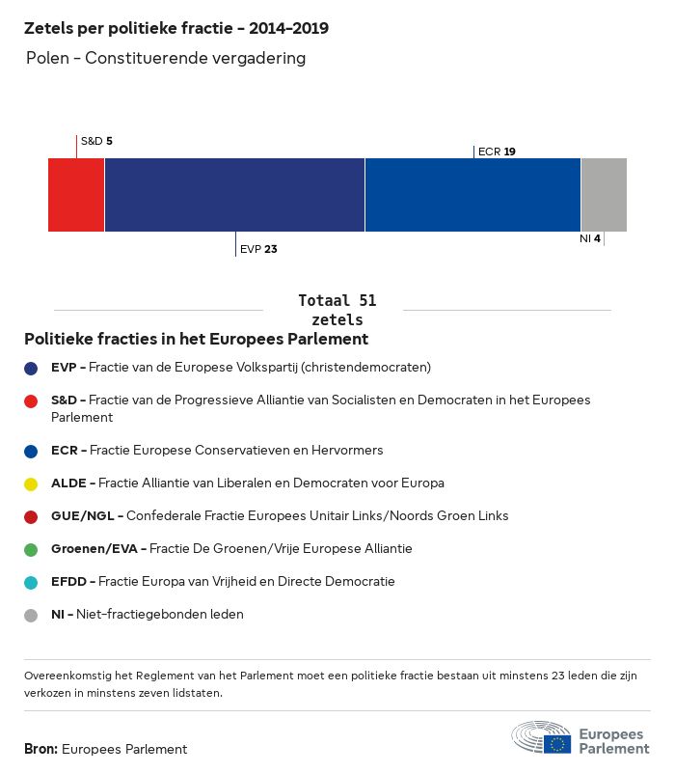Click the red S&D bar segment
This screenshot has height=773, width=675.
76,195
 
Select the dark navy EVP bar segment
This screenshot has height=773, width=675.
234,195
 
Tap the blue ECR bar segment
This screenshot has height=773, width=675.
472,195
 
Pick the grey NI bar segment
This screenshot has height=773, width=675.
604,195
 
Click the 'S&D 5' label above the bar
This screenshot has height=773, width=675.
96,141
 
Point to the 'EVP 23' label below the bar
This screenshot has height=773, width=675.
258,249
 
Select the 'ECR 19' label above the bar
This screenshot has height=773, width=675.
497,152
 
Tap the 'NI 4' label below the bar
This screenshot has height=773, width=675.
590,238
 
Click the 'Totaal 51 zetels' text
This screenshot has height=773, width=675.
337,310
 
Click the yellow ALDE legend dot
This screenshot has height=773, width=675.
31,483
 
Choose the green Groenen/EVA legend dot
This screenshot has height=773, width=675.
31,549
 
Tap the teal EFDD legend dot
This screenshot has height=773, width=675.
31,582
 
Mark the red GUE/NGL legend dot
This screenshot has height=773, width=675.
31,516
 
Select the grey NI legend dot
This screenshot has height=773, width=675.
31,615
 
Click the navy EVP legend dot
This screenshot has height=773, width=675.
31,368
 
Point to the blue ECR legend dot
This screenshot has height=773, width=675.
31,451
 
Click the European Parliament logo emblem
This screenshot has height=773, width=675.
541,738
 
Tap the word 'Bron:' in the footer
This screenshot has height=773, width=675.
41,749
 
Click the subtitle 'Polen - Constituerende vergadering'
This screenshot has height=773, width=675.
166,58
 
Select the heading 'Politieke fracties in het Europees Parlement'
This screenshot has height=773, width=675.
196,340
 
